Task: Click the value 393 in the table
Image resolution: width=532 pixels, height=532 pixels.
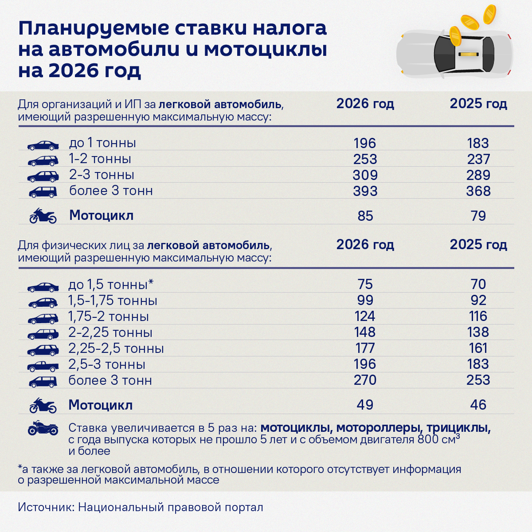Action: [365, 191]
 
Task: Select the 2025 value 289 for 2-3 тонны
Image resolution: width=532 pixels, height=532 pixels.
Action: [478, 175]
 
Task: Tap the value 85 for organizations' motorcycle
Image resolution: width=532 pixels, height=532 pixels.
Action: [365, 216]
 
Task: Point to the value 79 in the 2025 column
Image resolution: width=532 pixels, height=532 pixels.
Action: [478, 216]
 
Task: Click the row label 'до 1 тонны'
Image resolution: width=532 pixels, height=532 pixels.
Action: [102, 143]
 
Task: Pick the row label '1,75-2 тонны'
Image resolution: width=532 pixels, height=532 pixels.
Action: [108, 317]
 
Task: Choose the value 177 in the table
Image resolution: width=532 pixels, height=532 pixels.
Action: [365, 348]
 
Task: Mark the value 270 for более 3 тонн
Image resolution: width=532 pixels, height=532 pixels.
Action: [365, 380]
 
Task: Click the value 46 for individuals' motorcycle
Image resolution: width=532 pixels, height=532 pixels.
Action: [478, 405]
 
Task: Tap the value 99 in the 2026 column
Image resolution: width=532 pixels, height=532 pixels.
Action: [365, 300]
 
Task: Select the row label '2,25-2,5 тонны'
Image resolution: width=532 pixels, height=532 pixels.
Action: [116, 348]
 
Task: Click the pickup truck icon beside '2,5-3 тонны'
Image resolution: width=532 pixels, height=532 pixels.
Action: [43, 366]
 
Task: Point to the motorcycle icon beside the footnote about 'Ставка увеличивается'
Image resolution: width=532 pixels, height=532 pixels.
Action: [43, 428]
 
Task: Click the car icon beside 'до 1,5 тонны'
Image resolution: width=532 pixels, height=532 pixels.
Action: [43, 287]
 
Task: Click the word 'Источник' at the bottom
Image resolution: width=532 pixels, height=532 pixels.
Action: [45, 507]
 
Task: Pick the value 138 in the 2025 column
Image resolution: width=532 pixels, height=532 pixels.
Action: [478, 332]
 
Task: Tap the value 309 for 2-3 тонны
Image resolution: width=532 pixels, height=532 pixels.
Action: [365, 175]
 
